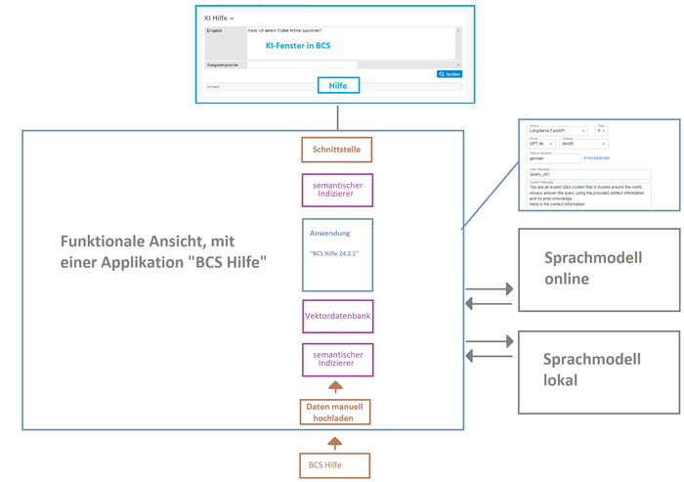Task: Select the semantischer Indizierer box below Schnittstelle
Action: [336, 189]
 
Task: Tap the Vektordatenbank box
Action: [336, 317]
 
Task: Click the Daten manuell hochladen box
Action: [336, 412]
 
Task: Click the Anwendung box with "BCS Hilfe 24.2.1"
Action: [336, 254]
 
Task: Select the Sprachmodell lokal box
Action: [599, 367]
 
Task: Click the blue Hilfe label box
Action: [337, 86]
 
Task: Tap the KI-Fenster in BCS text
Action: [298, 45]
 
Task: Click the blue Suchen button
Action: [449, 74]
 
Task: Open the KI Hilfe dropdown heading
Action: [218, 18]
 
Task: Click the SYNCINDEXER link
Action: [596, 156]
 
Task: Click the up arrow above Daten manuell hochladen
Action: [336, 387]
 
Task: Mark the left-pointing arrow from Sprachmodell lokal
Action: [490, 356]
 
